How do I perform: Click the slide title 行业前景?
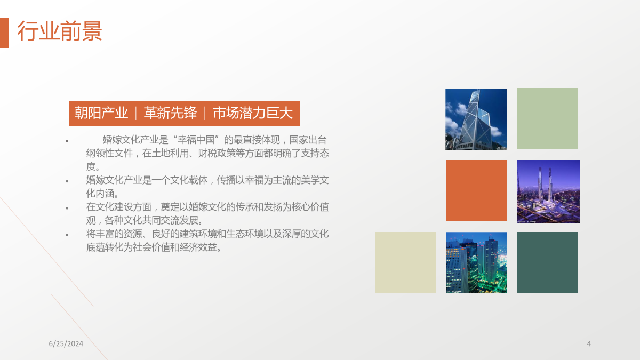pyautogui.click(x=60, y=31)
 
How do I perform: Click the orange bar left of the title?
pyautogui.click(x=4, y=33)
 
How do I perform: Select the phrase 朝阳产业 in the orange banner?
pyautogui.click(x=101, y=113)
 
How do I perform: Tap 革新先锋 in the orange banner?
pyautogui.click(x=170, y=113)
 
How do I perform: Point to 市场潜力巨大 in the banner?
pyautogui.click(x=253, y=113)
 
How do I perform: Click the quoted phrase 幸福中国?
pyautogui.click(x=196, y=140)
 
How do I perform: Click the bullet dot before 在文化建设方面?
pyautogui.click(x=67, y=208)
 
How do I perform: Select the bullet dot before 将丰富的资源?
pyautogui.click(x=67, y=235)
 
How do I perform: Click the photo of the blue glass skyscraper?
pyautogui.click(x=476, y=119)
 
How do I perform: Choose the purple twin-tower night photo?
pyautogui.click(x=549, y=191)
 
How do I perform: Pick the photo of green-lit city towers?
pyautogui.click(x=477, y=262)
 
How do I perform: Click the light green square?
pyautogui.click(x=547, y=118)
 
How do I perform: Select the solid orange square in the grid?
pyautogui.click(x=477, y=190)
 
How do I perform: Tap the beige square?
pyautogui.click(x=405, y=262)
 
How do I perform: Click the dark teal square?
pyautogui.click(x=547, y=262)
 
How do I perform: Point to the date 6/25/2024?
pyautogui.click(x=66, y=343)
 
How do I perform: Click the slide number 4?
pyautogui.click(x=589, y=343)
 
